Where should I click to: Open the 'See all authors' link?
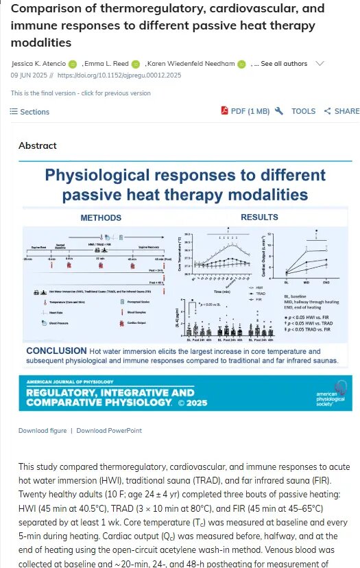click(285, 64)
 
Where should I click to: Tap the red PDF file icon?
click(224, 111)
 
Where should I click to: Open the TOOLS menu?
click(303, 111)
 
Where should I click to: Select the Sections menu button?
click(30, 112)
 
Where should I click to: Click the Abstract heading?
click(38, 145)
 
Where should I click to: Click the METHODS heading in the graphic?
click(101, 218)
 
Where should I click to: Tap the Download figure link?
click(43, 431)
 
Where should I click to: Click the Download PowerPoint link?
click(109, 431)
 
